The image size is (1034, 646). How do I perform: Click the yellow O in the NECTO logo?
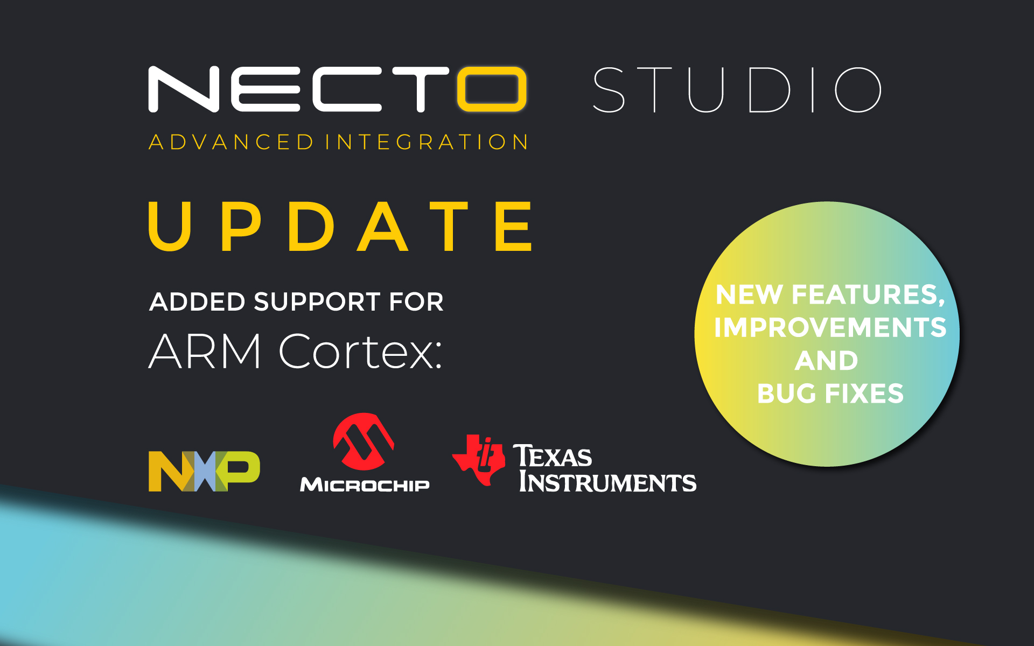click(x=491, y=89)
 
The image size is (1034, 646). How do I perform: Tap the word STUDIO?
click(x=737, y=90)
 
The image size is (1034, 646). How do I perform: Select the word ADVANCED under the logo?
click(x=231, y=142)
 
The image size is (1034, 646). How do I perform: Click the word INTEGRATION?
click(x=427, y=142)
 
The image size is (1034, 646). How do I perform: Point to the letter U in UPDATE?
click(x=170, y=226)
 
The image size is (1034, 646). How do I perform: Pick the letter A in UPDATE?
click(x=383, y=226)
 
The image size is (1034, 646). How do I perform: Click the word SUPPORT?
click(x=317, y=301)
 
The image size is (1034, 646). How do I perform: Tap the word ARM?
click(x=205, y=352)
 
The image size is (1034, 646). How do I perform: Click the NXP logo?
click(x=204, y=471)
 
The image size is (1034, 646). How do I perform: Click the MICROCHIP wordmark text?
click(x=365, y=484)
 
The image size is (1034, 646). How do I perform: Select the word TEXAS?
click(x=553, y=457)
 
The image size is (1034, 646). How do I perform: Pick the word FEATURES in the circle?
click(x=868, y=295)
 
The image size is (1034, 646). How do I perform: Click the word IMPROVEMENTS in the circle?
click(x=830, y=327)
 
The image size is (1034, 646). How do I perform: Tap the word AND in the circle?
click(x=826, y=361)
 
